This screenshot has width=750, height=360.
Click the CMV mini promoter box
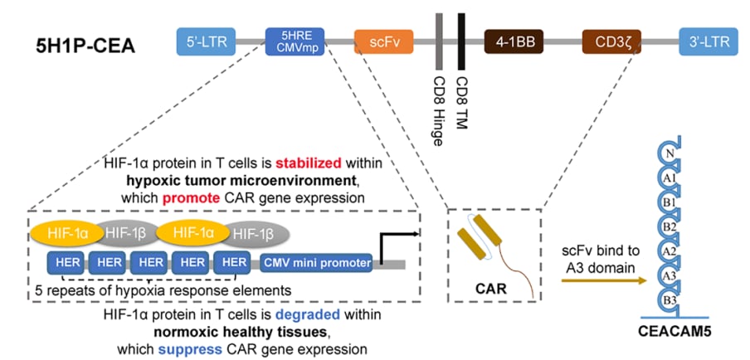(316, 264)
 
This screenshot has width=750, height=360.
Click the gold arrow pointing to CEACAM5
(602, 282)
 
